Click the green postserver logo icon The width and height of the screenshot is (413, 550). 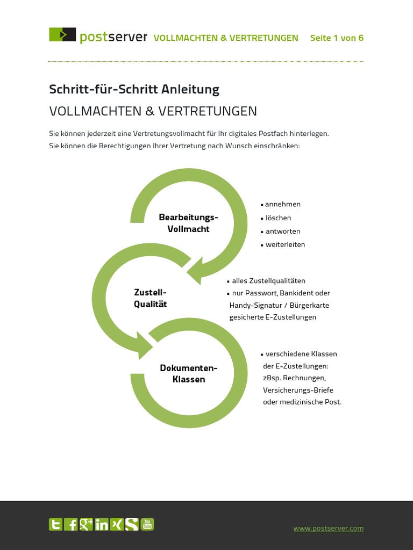pos(62,35)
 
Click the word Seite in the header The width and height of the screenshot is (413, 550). pos(321,38)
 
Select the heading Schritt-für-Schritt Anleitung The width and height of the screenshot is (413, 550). pos(134,89)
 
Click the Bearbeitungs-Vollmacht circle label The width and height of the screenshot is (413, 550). pos(188,223)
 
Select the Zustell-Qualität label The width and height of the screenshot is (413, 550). pos(150,298)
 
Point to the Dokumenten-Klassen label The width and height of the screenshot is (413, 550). pos(189,374)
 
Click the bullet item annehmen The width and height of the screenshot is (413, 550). pos(282,204)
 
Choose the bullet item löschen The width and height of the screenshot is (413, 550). pos(278,218)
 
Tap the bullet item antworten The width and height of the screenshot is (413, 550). pos(283,231)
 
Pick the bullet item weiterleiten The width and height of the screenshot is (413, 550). pos(285,244)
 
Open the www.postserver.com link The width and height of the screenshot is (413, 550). pos(328,529)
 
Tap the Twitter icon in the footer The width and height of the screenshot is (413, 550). pos(55,524)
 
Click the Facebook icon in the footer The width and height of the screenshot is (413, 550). pos(70,524)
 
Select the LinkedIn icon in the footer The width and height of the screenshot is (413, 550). pos(102,524)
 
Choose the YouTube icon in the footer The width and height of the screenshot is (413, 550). pos(147,524)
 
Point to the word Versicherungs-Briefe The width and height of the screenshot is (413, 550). pos(298,390)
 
